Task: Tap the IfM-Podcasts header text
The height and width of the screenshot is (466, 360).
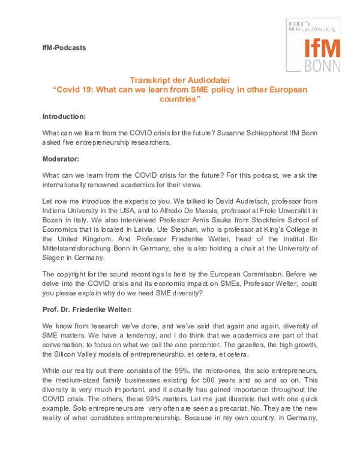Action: pyautogui.click(x=64, y=47)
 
